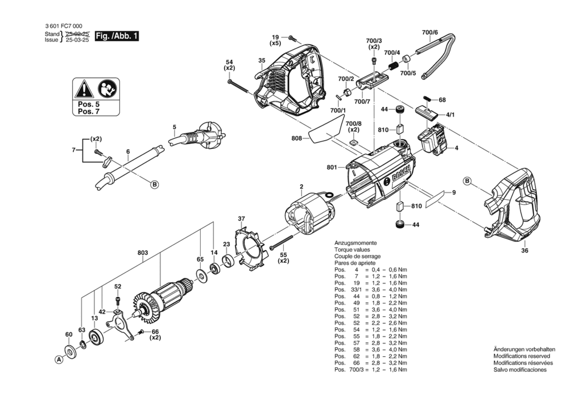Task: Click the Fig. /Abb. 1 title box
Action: pyautogui.click(x=117, y=36)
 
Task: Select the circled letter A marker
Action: pyautogui.click(x=59, y=359)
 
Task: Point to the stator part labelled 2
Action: pyautogui.click(x=310, y=216)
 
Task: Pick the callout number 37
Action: pyautogui.click(x=241, y=218)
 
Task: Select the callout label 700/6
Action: pyautogui.click(x=430, y=32)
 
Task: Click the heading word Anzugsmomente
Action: pyautogui.click(x=355, y=243)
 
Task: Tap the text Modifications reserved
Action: pyautogui.click(x=522, y=356)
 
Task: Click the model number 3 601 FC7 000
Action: pyautogui.click(x=64, y=26)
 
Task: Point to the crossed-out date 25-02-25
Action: pyautogui.click(x=78, y=34)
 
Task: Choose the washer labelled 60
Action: pyautogui.click(x=71, y=352)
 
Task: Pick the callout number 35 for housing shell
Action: pyautogui.click(x=262, y=61)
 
